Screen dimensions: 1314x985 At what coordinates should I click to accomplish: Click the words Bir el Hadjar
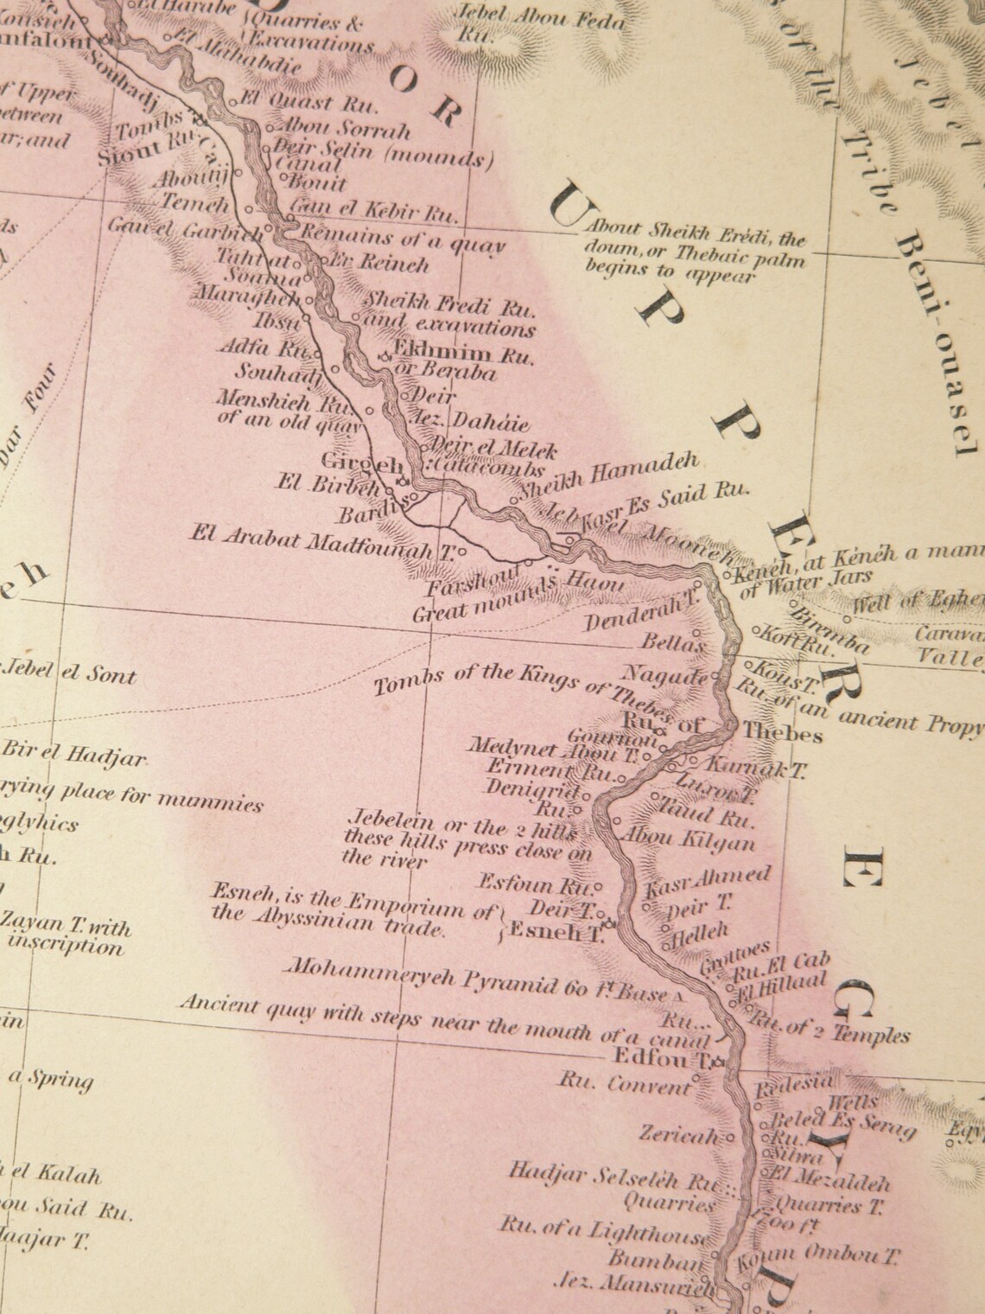coord(74,755)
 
